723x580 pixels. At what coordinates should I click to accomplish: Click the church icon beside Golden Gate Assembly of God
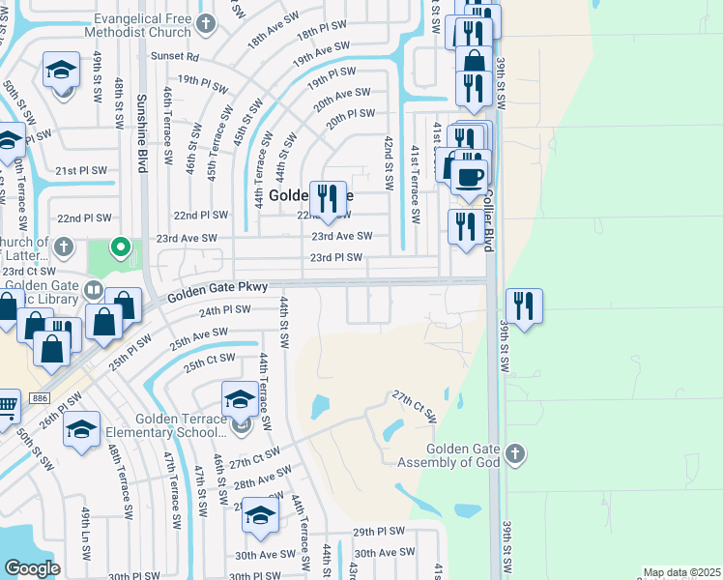[x=516, y=452]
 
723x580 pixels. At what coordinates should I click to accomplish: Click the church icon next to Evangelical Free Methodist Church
[x=205, y=22]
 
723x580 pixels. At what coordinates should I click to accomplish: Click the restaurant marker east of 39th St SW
[x=523, y=305]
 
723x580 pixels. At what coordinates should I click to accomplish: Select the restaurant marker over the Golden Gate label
[x=328, y=198]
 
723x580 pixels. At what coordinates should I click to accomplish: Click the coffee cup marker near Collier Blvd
[x=469, y=176]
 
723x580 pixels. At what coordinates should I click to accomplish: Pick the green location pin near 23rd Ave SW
[x=120, y=247]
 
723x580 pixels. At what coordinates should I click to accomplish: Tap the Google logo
[x=32, y=568]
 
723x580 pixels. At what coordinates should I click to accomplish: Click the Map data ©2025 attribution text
[x=681, y=572]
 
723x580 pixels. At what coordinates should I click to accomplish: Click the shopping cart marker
[x=6, y=405]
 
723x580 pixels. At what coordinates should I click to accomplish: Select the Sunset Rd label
[x=180, y=57]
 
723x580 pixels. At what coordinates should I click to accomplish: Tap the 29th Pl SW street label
[x=378, y=532]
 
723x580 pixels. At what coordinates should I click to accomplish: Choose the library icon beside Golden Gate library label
[x=93, y=288]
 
